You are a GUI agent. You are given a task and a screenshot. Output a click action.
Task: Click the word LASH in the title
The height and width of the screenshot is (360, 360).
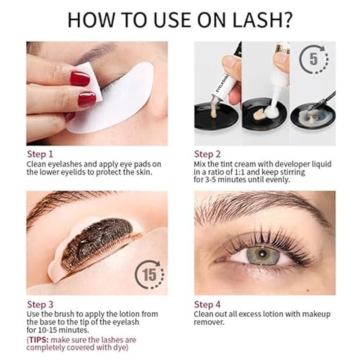coord(257,20)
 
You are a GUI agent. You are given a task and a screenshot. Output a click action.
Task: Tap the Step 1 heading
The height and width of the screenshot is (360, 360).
coord(40,154)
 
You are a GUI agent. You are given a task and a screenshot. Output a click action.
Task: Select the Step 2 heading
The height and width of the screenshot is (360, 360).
coord(207,154)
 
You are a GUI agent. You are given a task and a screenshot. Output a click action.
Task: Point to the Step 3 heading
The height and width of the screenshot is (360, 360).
coord(40,305)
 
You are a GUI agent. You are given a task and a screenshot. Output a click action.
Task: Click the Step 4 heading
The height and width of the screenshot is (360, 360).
coord(207,305)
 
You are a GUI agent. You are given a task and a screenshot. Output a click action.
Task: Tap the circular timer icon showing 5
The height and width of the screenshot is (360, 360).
coord(314,59)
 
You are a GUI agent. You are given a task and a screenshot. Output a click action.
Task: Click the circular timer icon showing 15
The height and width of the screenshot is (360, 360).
coord(149,274)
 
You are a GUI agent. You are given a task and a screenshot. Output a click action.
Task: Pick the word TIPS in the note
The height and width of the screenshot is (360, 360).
coord(39,340)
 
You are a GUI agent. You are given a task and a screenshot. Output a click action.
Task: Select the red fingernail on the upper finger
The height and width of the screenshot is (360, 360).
coord(80,78)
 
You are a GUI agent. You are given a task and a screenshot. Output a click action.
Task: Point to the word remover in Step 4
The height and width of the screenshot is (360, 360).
coord(209,322)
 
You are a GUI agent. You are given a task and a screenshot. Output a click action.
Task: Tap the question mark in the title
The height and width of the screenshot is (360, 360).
coord(288,20)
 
